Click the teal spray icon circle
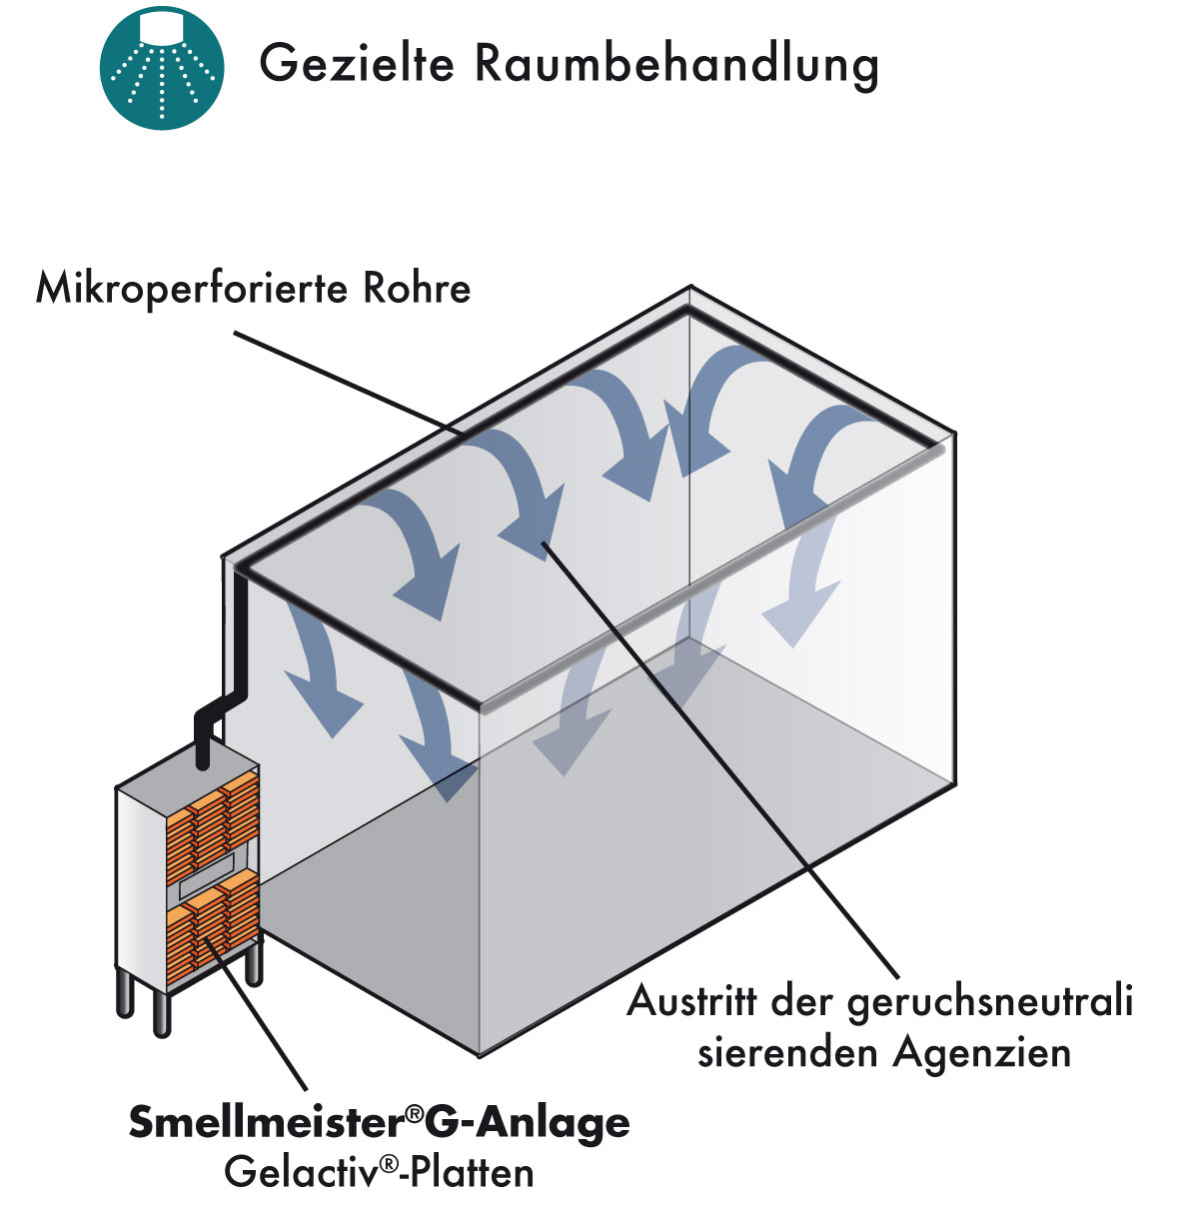(x=162, y=68)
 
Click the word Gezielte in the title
(x=357, y=63)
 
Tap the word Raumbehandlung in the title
(x=676, y=66)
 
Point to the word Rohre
(x=417, y=289)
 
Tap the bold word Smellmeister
(x=268, y=1121)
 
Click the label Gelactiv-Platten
(x=379, y=1172)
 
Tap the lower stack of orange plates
(x=212, y=927)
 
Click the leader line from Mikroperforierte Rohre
(x=349, y=382)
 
